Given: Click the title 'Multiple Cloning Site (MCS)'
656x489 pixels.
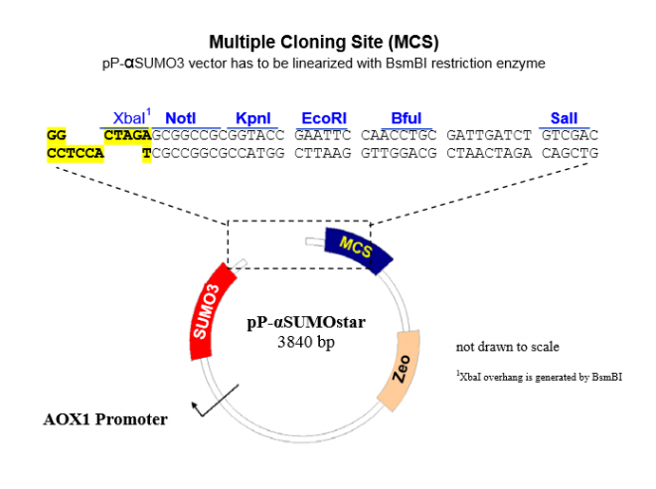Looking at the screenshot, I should tap(324, 42).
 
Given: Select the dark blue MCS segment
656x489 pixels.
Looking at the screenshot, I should tap(355, 248).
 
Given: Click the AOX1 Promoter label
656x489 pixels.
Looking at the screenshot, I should tap(104, 418).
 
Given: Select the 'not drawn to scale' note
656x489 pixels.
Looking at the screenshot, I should tap(507, 347).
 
